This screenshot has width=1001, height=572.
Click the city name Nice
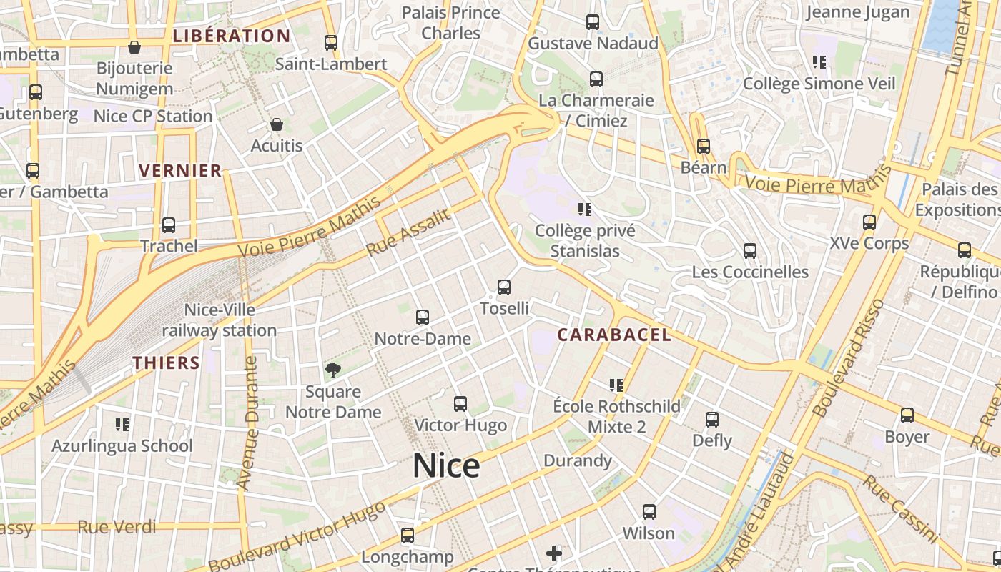tap(446, 466)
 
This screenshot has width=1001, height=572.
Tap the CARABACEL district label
tap(613, 335)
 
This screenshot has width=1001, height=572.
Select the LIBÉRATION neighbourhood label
tap(232, 36)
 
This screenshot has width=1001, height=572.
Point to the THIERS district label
tap(166, 363)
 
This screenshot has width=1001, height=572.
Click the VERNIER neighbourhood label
tap(180, 170)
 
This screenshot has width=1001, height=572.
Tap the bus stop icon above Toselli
tap(504, 287)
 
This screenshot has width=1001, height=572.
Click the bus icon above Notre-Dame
tap(423, 317)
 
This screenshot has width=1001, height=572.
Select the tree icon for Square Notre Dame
tap(332, 370)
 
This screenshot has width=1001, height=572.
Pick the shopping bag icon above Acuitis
tap(277, 125)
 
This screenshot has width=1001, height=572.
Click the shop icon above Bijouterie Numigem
tap(134, 48)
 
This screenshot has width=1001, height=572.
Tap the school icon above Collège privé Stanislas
tap(585, 209)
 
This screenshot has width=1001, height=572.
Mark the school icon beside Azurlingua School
tap(122, 425)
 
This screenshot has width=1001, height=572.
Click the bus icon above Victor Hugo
tap(460, 404)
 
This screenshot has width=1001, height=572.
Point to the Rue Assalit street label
tap(409, 232)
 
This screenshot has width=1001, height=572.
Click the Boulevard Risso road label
tap(849, 357)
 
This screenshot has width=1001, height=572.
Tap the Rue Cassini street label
tap(899, 508)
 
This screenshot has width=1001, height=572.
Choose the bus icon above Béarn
tap(704, 147)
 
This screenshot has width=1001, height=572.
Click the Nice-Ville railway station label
tap(219, 320)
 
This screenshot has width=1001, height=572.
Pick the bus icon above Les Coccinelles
tap(749, 251)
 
